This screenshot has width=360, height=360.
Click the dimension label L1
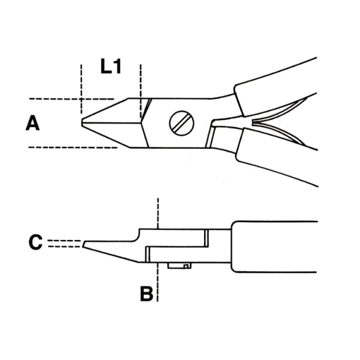point(111,67)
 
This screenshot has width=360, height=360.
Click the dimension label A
point(32,124)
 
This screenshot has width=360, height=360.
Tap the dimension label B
point(146,294)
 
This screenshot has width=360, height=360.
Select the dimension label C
point(35,242)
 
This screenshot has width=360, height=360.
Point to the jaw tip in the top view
point(84,121)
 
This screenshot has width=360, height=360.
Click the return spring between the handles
point(270,123)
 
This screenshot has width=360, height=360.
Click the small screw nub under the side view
point(179,265)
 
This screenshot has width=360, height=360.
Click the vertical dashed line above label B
point(157,211)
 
